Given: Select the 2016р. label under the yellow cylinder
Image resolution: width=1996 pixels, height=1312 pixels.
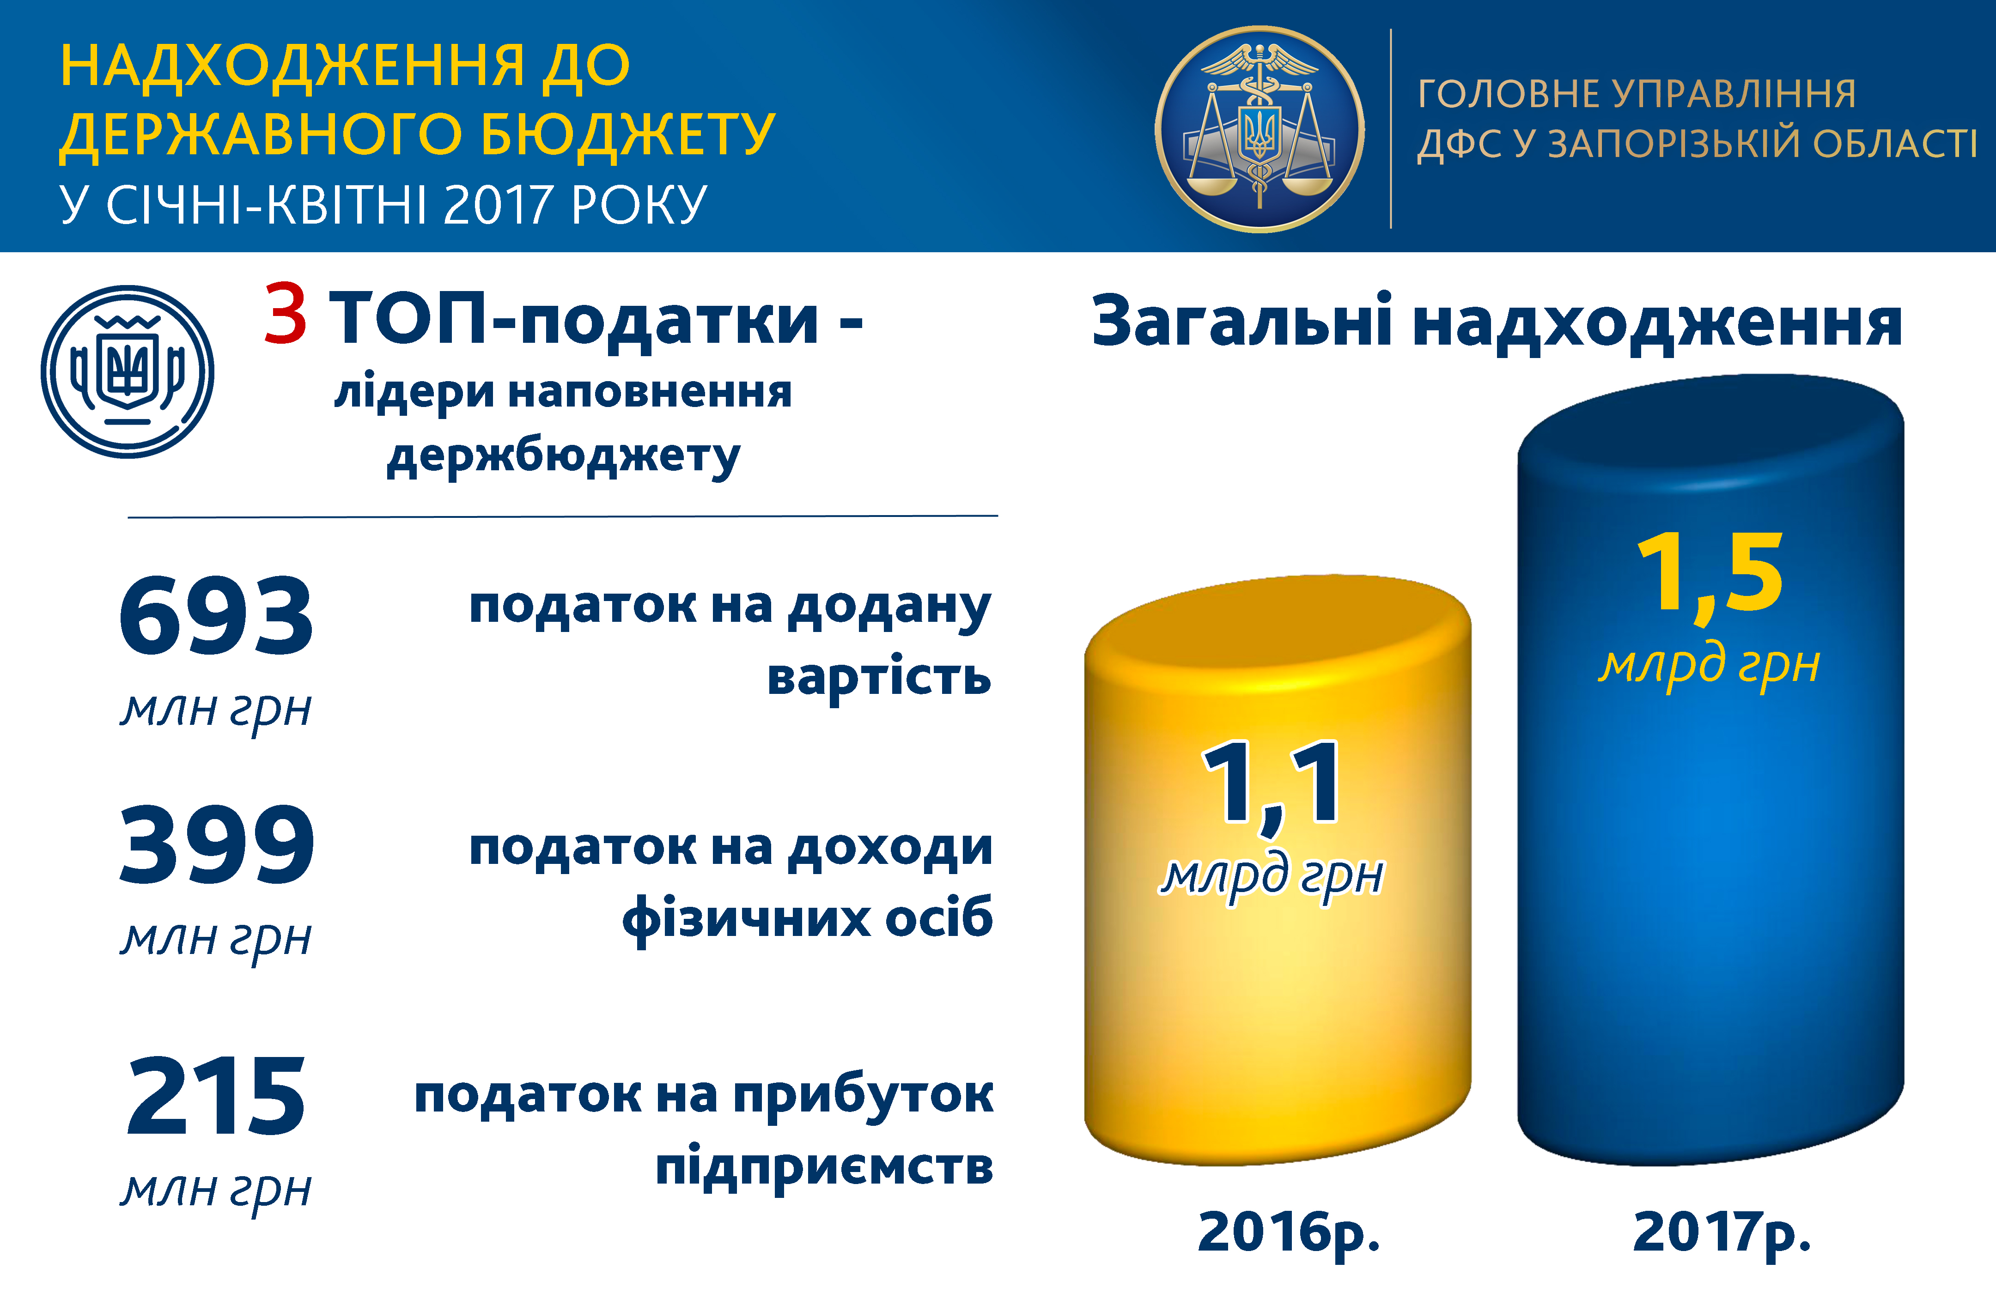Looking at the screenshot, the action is (x=1289, y=1233).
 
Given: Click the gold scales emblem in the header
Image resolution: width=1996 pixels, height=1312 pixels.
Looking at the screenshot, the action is (x=1260, y=129).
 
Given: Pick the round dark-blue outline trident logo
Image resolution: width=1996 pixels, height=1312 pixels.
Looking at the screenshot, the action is (x=128, y=371).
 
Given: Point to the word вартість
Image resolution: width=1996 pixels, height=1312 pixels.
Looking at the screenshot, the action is (x=879, y=676).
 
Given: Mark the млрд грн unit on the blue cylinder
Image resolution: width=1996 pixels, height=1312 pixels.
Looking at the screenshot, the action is (x=1709, y=667).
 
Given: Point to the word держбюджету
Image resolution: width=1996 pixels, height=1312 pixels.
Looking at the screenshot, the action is (x=564, y=458).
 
